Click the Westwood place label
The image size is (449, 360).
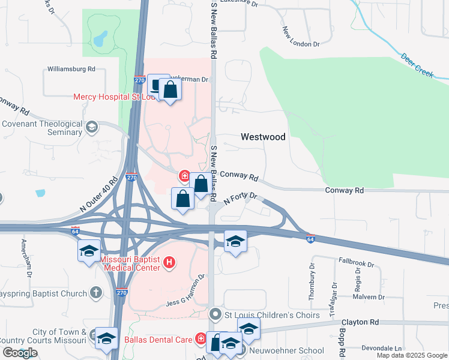263,137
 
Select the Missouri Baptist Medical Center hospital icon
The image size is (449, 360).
169,262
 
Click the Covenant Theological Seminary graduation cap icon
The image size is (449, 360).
92,127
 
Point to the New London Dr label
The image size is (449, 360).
300,36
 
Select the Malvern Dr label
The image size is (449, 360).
369,297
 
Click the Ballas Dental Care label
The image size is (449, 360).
158,340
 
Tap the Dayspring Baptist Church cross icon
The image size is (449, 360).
95,293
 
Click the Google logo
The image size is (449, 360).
20,353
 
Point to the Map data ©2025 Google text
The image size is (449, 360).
411,355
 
